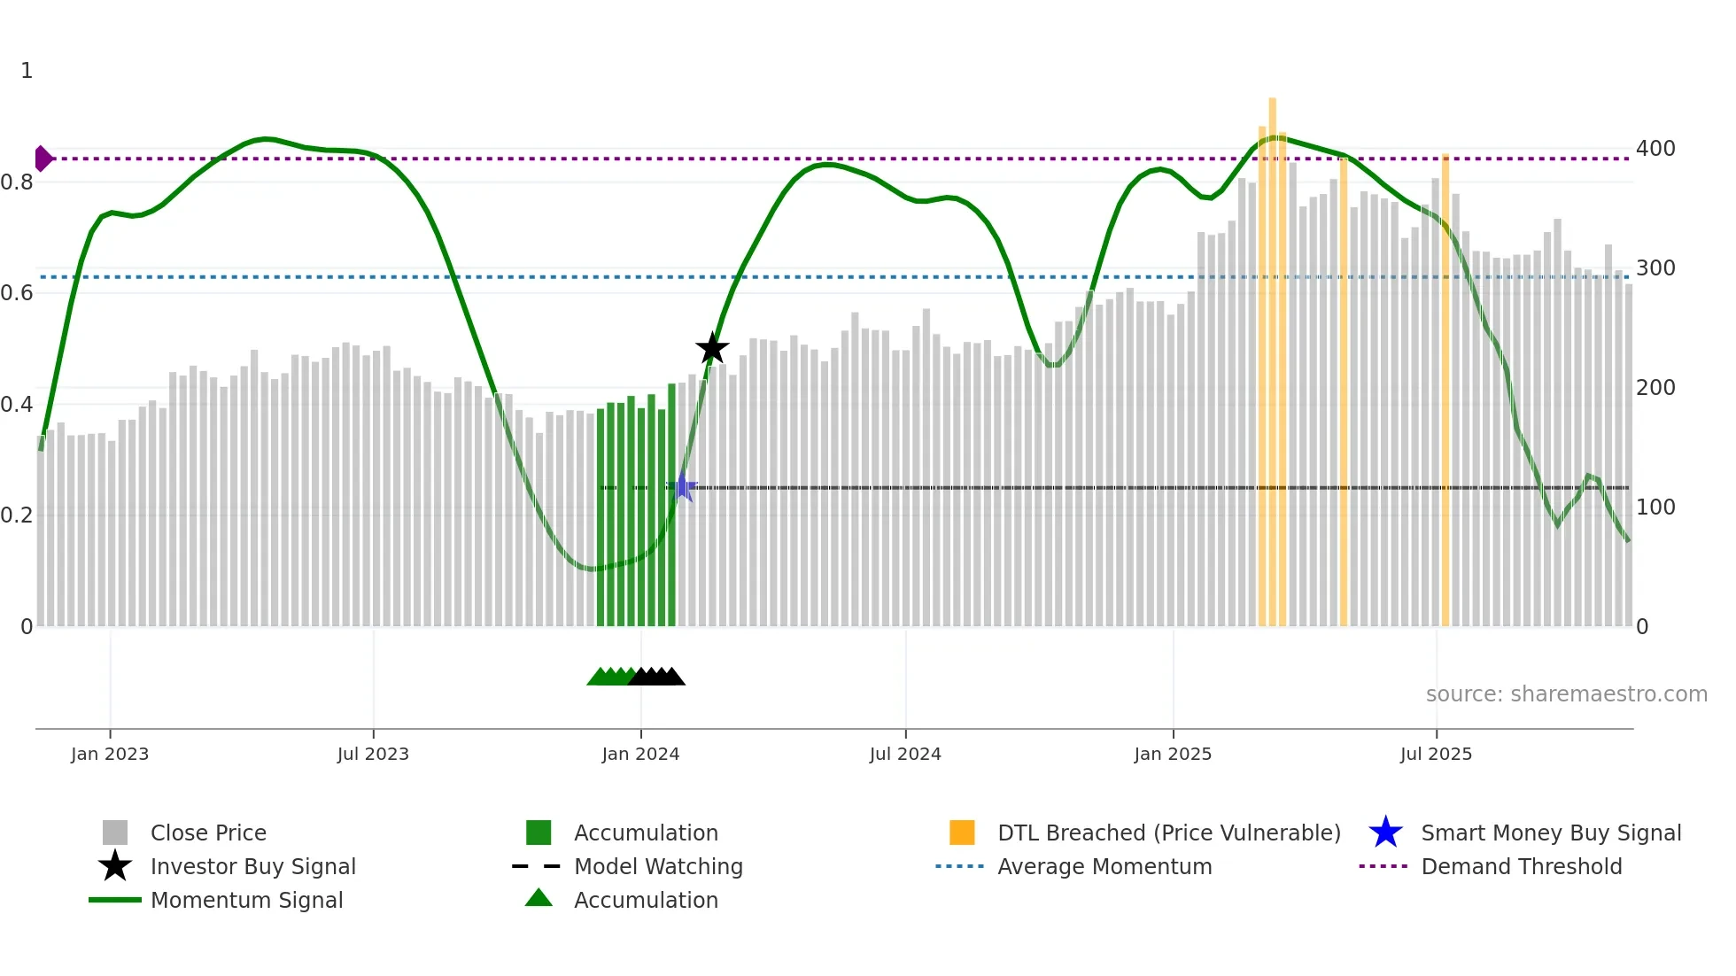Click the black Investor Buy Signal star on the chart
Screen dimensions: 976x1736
(712, 348)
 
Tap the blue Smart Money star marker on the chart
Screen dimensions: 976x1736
(682, 486)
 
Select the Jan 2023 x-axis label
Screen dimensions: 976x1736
(110, 754)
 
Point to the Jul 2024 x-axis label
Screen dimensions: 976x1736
(905, 754)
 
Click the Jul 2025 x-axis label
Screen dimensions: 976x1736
(1436, 754)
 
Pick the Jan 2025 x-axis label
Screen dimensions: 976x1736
(1173, 754)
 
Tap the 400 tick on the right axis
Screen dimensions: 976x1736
(1655, 148)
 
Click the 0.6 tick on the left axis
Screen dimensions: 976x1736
(17, 292)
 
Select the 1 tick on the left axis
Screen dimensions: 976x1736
(27, 71)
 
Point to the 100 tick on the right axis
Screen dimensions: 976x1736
(1655, 507)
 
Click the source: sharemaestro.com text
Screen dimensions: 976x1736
(1566, 693)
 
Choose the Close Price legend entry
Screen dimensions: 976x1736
(208, 833)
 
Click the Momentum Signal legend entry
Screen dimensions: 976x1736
(246, 900)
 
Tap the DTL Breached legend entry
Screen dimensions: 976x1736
(1168, 833)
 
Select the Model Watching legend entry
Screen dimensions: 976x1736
(658, 866)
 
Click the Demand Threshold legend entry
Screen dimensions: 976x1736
(1521, 866)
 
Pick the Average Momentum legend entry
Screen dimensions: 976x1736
(1104, 866)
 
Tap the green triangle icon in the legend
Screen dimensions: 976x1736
(539, 898)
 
